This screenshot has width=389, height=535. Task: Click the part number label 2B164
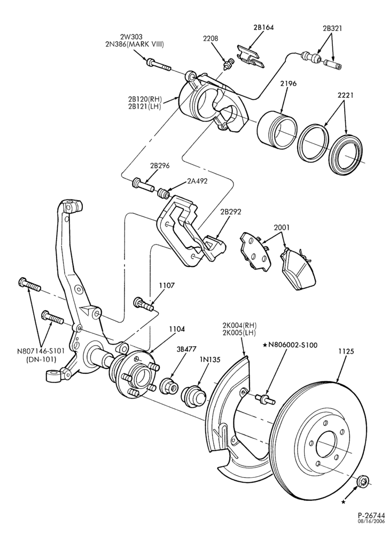tap(263, 28)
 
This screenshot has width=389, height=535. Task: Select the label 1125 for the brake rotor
tap(346, 351)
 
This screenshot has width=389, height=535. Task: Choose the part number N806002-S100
tap(293, 345)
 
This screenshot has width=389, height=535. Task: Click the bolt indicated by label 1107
tap(144, 304)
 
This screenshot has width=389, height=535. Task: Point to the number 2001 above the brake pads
tap(282, 227)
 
